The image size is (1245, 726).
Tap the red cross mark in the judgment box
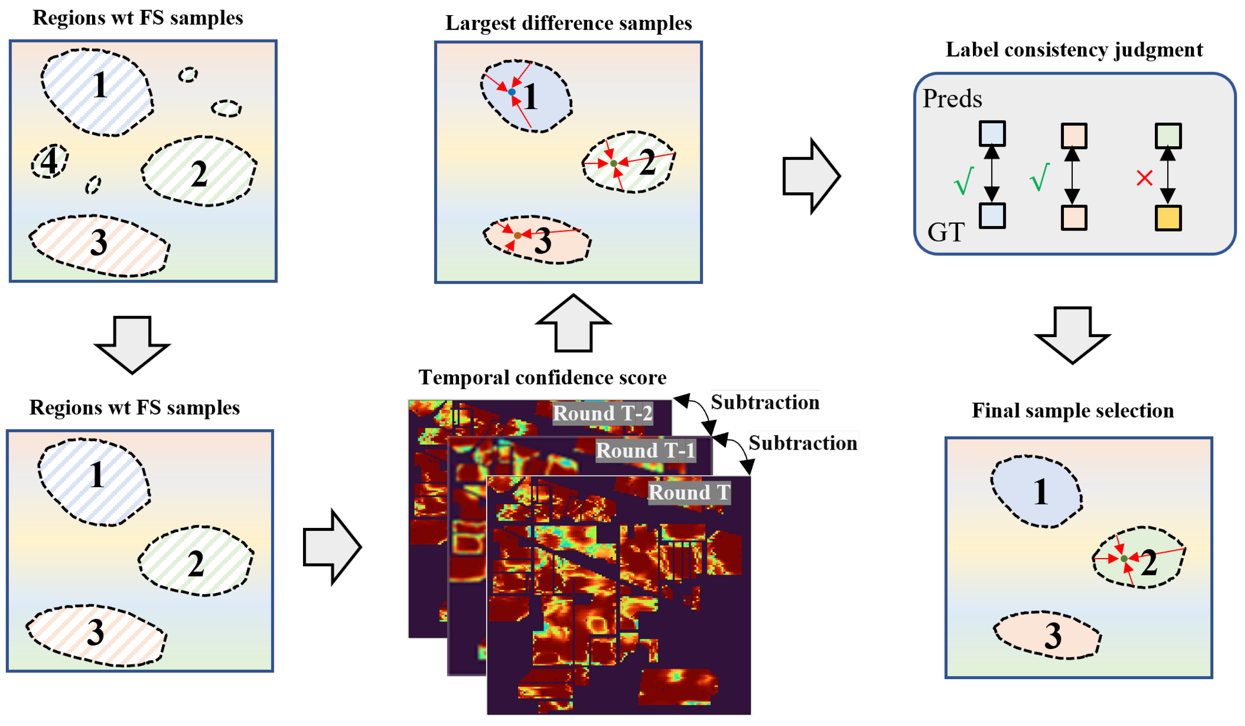tap(1144, 178)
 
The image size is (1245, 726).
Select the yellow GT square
tap(1168, 218)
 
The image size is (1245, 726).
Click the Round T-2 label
tap(603, 413)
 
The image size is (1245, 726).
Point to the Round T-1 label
tap(645, 450)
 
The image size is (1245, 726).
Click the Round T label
tap(689, 492)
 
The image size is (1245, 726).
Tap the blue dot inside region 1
tap(512, 92)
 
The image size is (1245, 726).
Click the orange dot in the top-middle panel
tap(517, 236)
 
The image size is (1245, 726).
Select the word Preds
tap(952, 98)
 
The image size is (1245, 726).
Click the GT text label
tap(945, 232)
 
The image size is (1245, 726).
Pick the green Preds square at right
tap(1168, 136)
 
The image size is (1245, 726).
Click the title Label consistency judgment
tap(1074, 50)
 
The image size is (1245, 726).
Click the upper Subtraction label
tap(765, 402)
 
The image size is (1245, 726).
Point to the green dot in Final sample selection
tap(1124, 558)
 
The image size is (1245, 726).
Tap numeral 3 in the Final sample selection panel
tap(1053, 636)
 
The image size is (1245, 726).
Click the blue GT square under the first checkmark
tap(992, 216)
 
